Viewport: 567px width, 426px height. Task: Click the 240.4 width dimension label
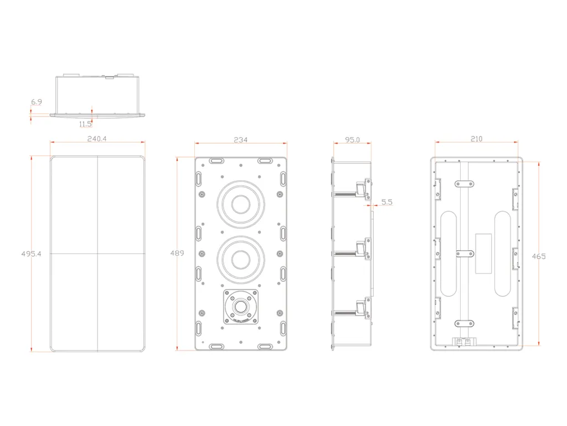(x=97, y=139)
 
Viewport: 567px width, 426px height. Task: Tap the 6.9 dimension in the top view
(x=37, y=102)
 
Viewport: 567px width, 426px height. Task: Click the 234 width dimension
(x=240, y=140)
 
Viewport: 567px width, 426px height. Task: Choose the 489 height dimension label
(x=177, y=253)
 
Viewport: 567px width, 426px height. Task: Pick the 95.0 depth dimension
(x=352, y=140)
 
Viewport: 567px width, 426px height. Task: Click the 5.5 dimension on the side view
(x=386, y=203)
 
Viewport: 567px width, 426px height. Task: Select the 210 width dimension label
(x=477, y=139)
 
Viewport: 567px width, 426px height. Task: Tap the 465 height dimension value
(x=538, y=256)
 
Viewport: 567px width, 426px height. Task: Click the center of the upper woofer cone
(x=241, y=203)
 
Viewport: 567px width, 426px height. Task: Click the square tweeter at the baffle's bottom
(x=241, y=306)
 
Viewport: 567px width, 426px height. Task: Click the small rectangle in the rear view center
(x=484, y=253)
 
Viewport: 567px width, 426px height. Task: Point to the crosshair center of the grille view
(x=97, y=253)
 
